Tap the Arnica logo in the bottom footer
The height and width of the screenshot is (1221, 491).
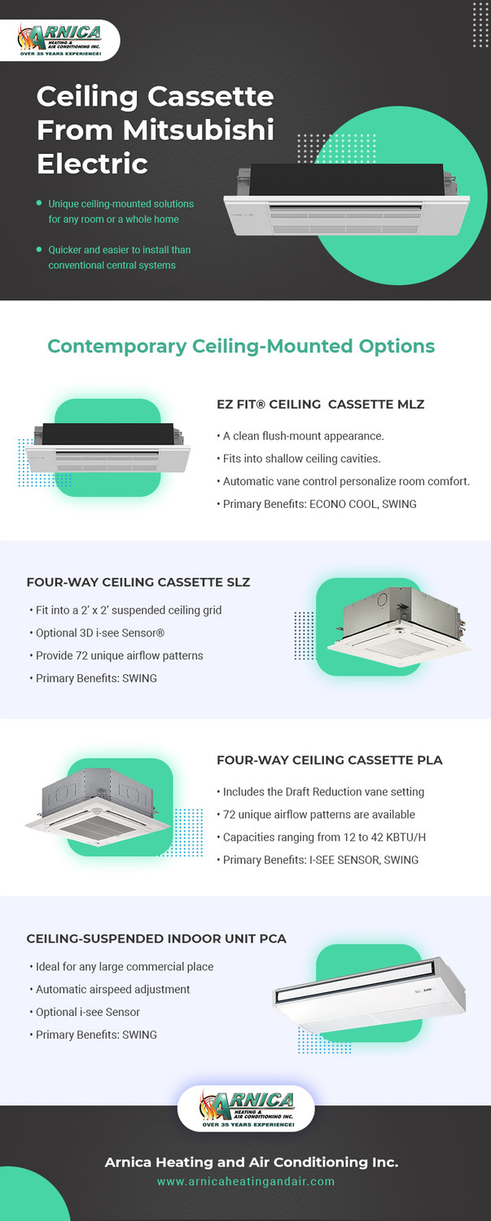click(245, 1108)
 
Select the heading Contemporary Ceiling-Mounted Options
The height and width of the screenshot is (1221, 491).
click(241, 346)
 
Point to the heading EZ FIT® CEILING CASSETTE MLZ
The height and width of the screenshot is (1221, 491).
click(320, 404)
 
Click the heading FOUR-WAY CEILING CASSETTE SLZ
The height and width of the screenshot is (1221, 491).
click(138, 582)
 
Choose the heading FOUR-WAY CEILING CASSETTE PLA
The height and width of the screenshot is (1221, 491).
click(329, 760)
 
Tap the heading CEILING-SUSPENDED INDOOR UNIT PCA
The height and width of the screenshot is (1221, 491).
click(156, 939)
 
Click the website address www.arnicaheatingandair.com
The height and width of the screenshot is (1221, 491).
click(245, 1181)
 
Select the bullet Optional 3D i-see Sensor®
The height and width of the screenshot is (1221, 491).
click(101, 632)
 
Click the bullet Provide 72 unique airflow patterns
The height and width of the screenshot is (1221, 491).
click(119, 655)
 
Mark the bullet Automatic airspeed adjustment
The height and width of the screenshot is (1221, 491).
click(112, 989)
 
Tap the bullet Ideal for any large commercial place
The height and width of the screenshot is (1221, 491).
click(124, 966)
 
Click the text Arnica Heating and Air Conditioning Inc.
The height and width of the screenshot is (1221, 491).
click(251, 1162)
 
